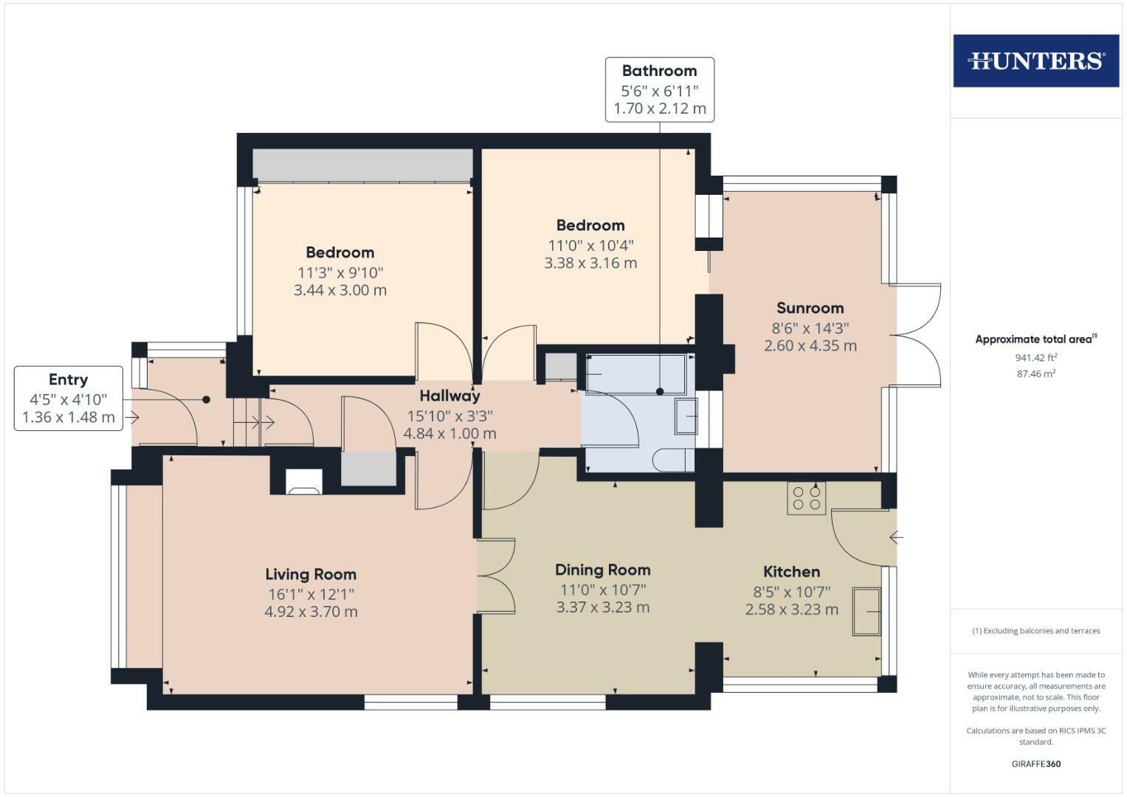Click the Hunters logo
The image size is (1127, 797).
[x=1035, y=61]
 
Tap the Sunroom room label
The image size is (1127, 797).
[x=810, y=308]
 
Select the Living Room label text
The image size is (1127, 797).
[x=311, y=574]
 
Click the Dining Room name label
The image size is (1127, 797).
[x=602, y=570]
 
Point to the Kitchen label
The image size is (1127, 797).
[x=791, y=571]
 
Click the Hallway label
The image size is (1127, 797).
[x=449, y=396]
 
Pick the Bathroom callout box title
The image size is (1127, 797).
[x=659, y=71]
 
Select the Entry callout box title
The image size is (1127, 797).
[x=68, y=379]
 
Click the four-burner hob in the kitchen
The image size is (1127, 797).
[x=806, y=497]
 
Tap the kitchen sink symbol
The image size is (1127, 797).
[x=867, y=611]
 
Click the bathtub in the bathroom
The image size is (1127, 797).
[x=635, y=374]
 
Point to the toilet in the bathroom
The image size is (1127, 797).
[x=672, y=460]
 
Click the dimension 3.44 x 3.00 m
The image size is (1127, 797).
[x=340, y=290]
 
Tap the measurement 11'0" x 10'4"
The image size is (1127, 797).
[x=590, y=245]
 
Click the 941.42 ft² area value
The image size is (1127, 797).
[x=1035, y=358]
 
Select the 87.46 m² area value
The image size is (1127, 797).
[x=1035, y=374]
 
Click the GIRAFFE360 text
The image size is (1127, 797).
[x=1035, y=764]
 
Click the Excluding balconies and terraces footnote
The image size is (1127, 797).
[x=1035, y=631]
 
